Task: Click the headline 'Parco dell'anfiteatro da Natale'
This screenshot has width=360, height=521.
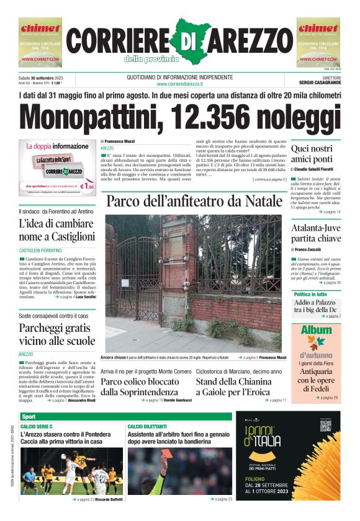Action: tap(193, 202)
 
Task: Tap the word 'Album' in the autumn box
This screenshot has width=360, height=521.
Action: tap(316, 330)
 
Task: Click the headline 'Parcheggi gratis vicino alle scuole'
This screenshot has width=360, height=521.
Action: tap(56, 334)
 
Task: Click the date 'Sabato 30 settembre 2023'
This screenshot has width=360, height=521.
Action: tap(45, 78)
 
